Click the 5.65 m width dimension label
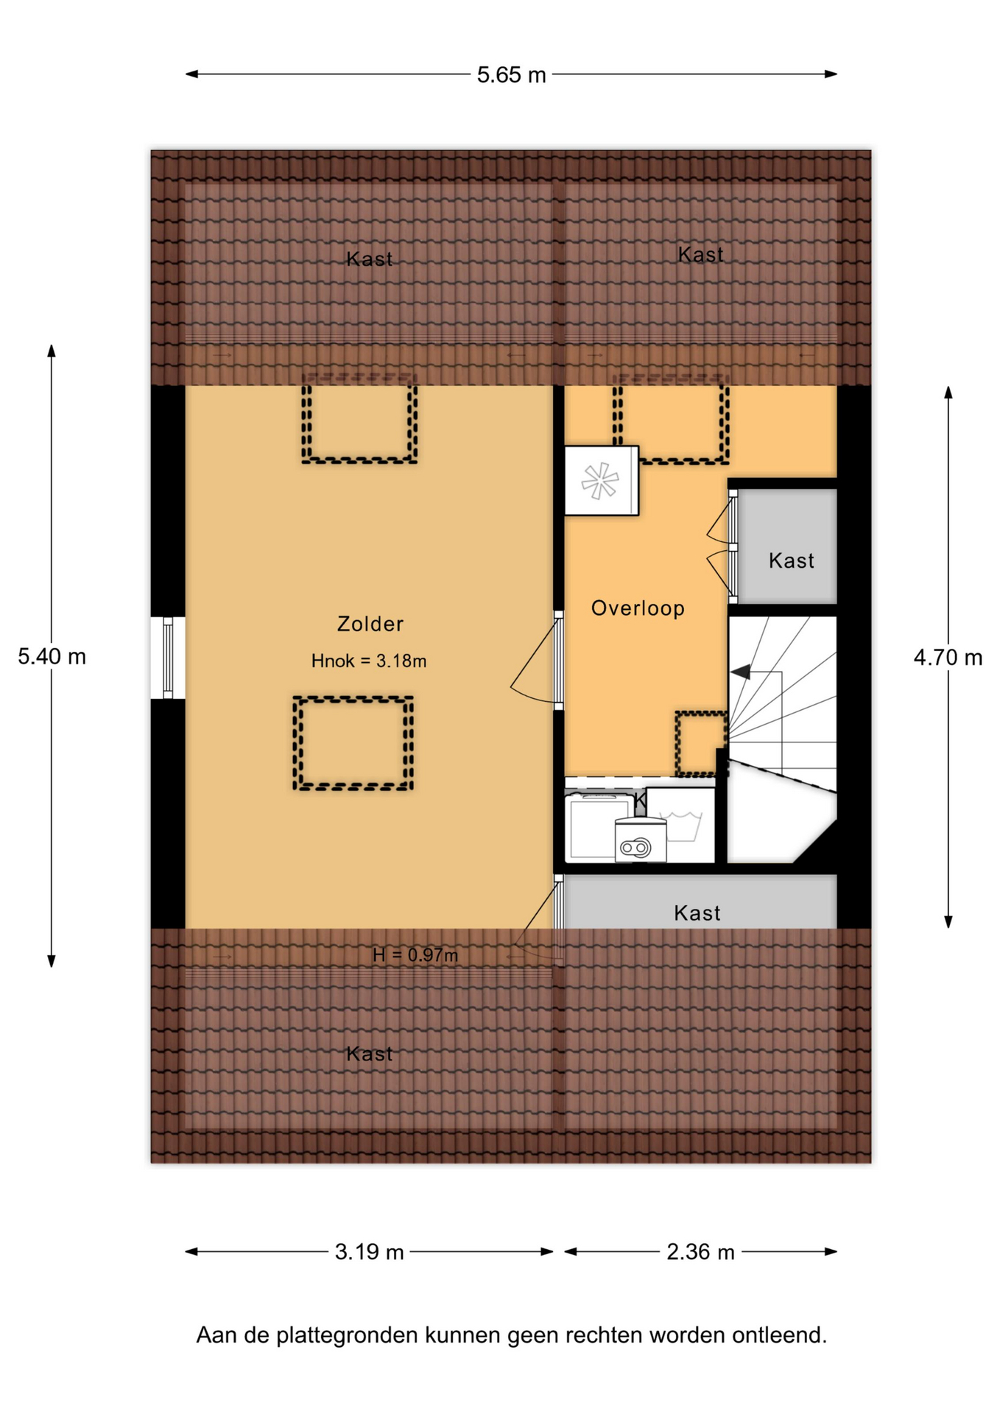tap(511, 74)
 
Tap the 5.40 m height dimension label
tap(52, 656)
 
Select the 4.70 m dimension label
tap(948, 657)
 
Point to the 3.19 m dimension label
tap(369, 1252)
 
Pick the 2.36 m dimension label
tap(700, 1252)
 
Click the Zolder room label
tap(370, 624)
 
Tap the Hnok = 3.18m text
tap(369, 661)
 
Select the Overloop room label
tap(638, 608)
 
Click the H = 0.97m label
tap(415, 955)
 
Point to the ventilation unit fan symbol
tap(600, 481)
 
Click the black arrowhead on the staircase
tap(740, 672)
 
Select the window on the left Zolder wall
tap(168, 658)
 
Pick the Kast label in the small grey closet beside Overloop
tap(792, 560)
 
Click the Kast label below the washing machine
tap(697, 913)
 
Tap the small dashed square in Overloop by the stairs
tap(701, 743)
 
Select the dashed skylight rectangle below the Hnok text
tap(353, 743)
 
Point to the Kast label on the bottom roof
tap(369, 1054)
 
